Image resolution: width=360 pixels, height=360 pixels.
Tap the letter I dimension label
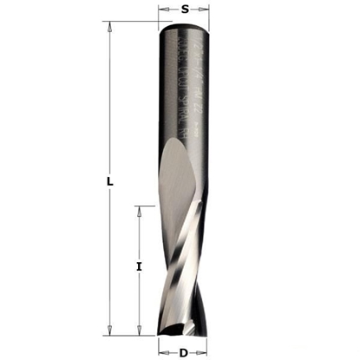[x=138, y=267]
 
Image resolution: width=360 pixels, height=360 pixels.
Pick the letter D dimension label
[x=184, y=351]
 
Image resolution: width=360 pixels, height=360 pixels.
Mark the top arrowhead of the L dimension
[x=109, y=28]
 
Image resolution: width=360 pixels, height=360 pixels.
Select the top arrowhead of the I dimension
[x=139, y=211]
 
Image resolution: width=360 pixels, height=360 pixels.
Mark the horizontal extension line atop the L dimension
[x=130, y=23]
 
